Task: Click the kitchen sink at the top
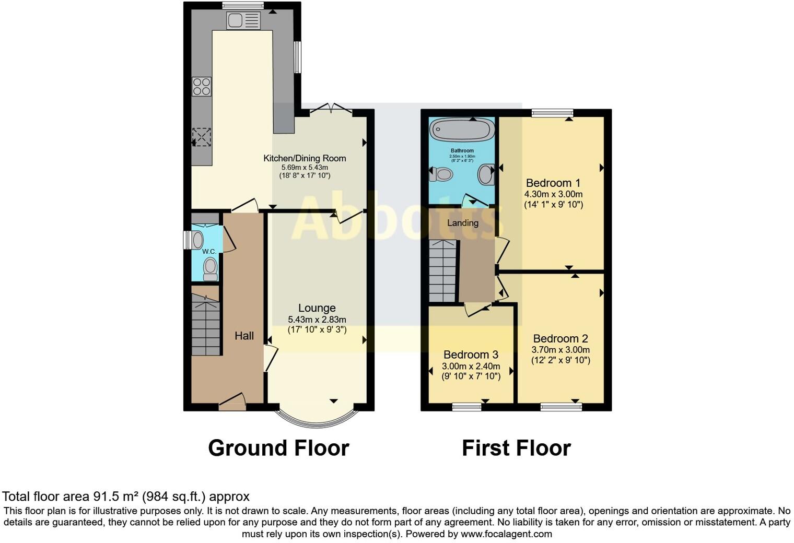click(x=243, y=21)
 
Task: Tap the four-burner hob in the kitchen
click(x=202, y=87)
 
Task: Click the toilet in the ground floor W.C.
click(x=210, y=268)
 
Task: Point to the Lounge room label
click(x=317, y=308)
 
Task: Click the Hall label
click(x=244, y=336)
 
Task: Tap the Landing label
click(x=463, y=223)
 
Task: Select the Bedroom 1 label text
click(x=553, y=183)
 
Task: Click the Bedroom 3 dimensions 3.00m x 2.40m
click(x=471, y=366)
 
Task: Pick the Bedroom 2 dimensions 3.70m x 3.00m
click(x=561, y=350)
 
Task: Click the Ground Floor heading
click(x=278, y=448)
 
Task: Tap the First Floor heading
click(x=516, y=448)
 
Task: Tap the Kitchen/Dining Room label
click(x=305, y=158)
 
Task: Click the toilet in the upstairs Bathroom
click(x=441, y=174)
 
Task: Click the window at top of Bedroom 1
click(x=553, y=113)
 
